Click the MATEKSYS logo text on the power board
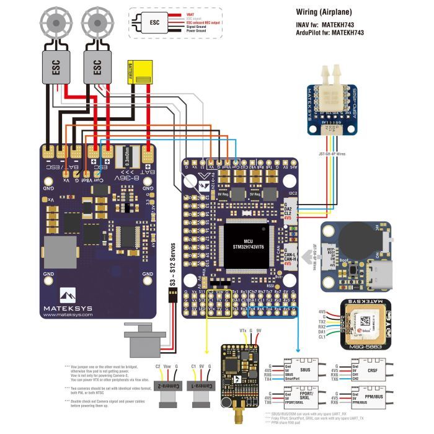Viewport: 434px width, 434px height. (x=75, y=304)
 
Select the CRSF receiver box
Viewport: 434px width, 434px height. (x=370, y=371)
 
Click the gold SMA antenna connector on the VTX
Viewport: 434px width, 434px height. (x=237, y=412)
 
